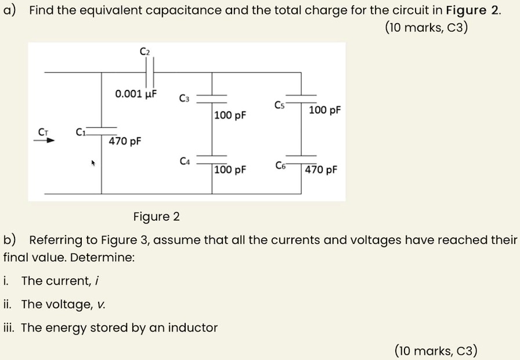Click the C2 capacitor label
pyautogui.click(x=145, y=52)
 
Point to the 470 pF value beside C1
pyautogui.click(x=125, y=141)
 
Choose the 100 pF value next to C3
pyautogui.click(x=230, y=116)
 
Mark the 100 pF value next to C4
pyautogui.click(x=230, y=170)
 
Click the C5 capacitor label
pyautogui.click(x=279, y=105)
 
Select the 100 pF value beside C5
pyautogui.click(x=325, y=110)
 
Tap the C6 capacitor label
pyautogui.click(x=280, y=165)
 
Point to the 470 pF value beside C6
pyautogui.click(x=320, y=170)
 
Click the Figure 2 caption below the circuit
pyautogui.click(x=156, y=217)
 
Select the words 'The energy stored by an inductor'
pyautogui.click(x=119, y=328)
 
